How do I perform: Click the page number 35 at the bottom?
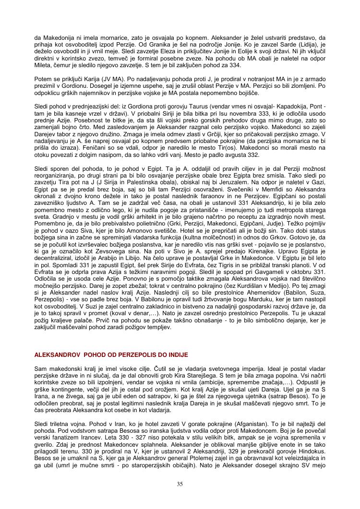click(x=180, y=484)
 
